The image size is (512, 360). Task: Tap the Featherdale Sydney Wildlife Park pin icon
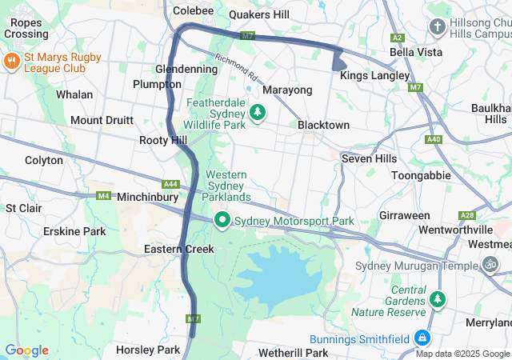click(258, 113)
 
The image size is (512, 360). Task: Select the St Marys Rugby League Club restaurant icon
click(12, 61)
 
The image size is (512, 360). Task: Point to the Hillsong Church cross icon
click(437, 27)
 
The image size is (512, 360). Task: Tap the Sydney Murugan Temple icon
click(490, 265)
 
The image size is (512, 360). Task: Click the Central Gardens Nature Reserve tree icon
click(437, 299)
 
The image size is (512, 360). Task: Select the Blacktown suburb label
click(323, 126)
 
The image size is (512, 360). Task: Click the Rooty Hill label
click(163, 140)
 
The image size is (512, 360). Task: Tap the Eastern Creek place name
click(179, 249)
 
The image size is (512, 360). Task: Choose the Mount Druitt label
click(102, 120)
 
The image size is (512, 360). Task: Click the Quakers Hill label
click(259, 14)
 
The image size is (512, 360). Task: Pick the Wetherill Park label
click(294, 352)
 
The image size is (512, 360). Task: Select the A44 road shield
click(171, 184)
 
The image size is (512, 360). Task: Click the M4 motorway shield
click(103, 195)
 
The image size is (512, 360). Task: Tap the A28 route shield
click(467, 216)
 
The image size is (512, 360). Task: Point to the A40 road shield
click(434, 139)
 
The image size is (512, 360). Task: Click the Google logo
click(26, 350)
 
